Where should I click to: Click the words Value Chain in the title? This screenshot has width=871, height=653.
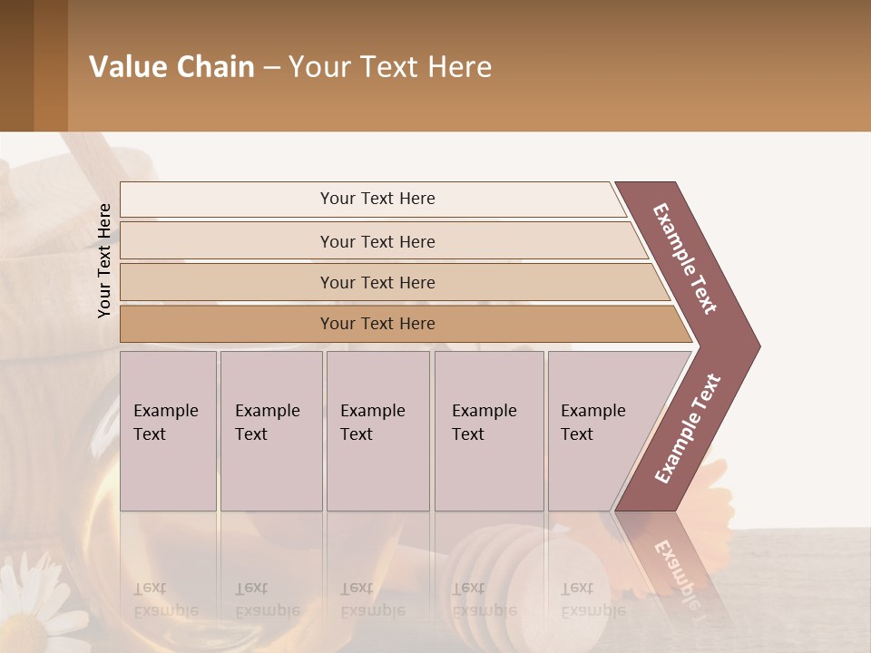click(x=171, y=67)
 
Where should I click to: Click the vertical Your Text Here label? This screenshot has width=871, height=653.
click(x=105, y=260)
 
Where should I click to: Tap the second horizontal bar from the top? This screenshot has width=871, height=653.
click(x=377, y=241)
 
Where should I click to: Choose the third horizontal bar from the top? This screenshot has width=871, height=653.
click(x=377, y=282)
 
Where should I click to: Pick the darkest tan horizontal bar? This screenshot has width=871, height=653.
click(x=377, y=324)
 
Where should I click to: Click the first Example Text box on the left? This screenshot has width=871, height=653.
click(x=168, y=430)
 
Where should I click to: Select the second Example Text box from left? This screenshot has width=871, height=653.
click(x=270, y=430)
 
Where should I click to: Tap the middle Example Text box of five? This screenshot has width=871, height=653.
click(x=377, y=430)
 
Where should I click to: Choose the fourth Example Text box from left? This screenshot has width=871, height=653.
click(x=488, y=430)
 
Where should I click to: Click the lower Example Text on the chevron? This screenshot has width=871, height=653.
click(x=687, y=429)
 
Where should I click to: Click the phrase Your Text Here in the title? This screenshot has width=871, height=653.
click(x=390, y=67)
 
